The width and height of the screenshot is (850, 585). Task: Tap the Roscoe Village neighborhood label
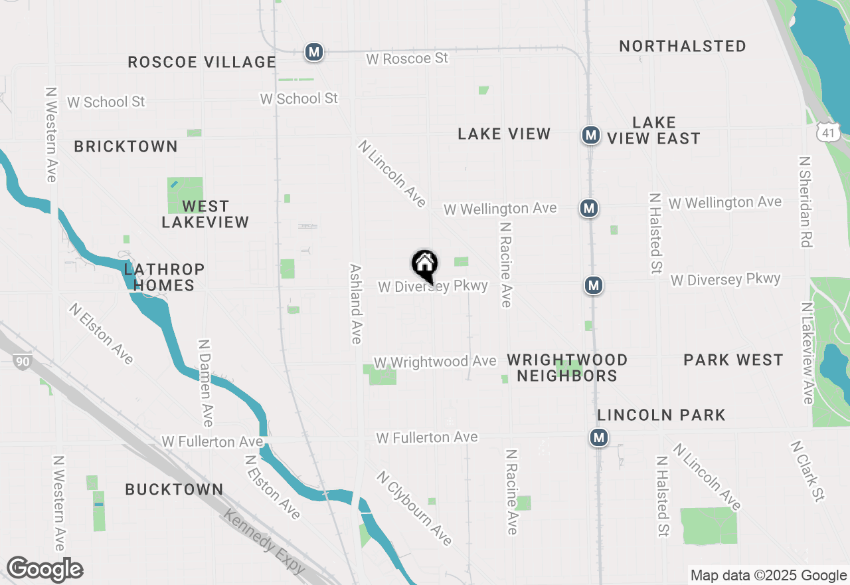202,62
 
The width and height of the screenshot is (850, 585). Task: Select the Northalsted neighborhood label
683,46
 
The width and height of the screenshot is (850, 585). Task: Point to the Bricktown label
126,146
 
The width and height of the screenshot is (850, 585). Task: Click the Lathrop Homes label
164,277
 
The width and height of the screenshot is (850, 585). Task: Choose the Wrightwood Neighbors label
567,368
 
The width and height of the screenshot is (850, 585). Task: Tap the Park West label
733,360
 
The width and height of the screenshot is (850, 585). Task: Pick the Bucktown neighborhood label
174,489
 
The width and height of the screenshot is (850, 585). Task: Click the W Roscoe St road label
407,58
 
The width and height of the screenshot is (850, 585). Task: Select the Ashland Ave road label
356,304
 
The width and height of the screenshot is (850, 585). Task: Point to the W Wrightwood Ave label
435,362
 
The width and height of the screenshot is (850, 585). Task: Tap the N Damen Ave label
205,383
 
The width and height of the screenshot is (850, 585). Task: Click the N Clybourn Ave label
414,508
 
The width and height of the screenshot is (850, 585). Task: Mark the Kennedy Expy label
264,542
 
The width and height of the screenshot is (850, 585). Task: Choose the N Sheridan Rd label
806,202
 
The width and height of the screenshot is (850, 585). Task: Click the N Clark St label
807,471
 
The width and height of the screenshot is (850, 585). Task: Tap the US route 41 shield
829,130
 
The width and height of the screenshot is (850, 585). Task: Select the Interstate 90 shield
21,362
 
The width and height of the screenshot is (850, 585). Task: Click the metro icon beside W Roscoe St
313,51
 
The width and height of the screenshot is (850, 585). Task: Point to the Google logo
44,570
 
